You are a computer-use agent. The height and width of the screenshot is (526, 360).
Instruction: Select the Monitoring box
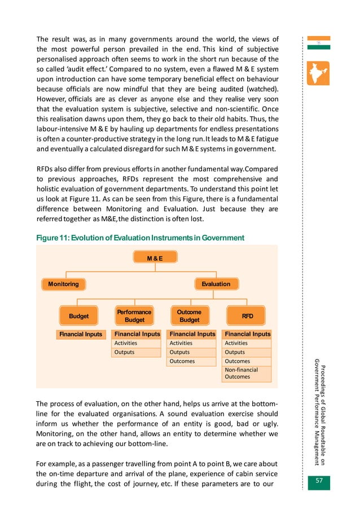pyautogui.click(x=63, y=284)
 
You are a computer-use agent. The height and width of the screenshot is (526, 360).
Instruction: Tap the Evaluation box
pyautogui.click(x=216, y=284)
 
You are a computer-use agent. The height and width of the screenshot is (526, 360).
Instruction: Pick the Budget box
pyautogui.click(x=79, y=316)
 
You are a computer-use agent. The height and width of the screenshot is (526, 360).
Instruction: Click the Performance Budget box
pyautogui.click(x=134, y=316)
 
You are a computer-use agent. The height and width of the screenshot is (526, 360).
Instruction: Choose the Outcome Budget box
pyautogui.click(x=189, y=316)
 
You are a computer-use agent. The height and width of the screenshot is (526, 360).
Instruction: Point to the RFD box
pyautogui.click(x=247, y=316)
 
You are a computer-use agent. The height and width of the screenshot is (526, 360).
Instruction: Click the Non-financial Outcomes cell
pyautogui.click(x=247, y=373)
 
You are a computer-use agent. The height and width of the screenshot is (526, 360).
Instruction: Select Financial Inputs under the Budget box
pyautogui.click(x=81, y=334)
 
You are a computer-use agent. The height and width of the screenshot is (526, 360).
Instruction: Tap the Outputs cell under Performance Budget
pyautogui.click(x=135, y=352)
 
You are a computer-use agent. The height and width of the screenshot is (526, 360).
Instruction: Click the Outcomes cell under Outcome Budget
pyautogui.click(x=191, y=361)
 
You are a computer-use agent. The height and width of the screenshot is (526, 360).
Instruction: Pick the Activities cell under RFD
pyautogui.click(x=247, y=343)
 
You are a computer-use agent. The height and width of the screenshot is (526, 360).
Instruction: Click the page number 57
pyautogui.click(x=320, y=481)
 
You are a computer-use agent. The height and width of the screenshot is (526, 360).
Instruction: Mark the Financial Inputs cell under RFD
pyautogui.click(x=247, y=334)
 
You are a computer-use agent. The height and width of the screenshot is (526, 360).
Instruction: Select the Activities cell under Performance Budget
pyautogui.click(x=135, y=343)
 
